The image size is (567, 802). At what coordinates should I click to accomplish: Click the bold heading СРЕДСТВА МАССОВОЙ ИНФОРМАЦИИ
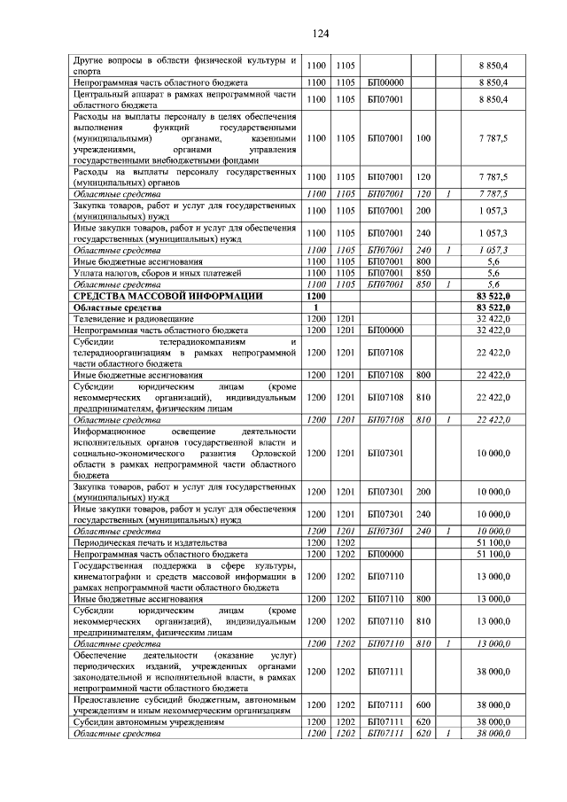(x=167, y=295)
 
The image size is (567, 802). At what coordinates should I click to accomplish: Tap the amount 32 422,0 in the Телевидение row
(x=493, y=318)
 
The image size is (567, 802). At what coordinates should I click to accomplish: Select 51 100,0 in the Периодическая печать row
(x=493, y=541)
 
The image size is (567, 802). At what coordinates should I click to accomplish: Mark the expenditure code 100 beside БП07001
(x=423, y=138)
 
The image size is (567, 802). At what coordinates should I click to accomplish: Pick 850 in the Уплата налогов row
(x=423, y=273)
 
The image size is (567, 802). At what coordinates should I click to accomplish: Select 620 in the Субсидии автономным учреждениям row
(x=423, y=722)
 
